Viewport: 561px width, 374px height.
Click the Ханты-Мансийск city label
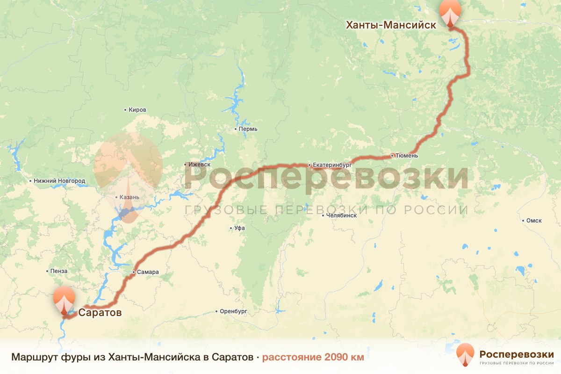[391, 25]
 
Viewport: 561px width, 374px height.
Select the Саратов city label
[100, 312]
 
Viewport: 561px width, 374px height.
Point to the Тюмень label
[406, 156]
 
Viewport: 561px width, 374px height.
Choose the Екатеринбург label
[332, 165]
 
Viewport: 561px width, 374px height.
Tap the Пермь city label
[248, 129]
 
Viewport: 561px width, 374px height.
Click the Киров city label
[137, 110]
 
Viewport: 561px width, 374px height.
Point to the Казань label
[129, 197]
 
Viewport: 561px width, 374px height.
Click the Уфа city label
[240, 228]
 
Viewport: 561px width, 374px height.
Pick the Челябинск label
[341, 216]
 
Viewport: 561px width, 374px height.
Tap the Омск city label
[534, 221]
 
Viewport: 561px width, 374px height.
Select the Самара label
[148, 272]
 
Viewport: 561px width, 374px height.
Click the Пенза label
[59, 271]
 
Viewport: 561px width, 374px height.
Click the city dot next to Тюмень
[392, 155]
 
